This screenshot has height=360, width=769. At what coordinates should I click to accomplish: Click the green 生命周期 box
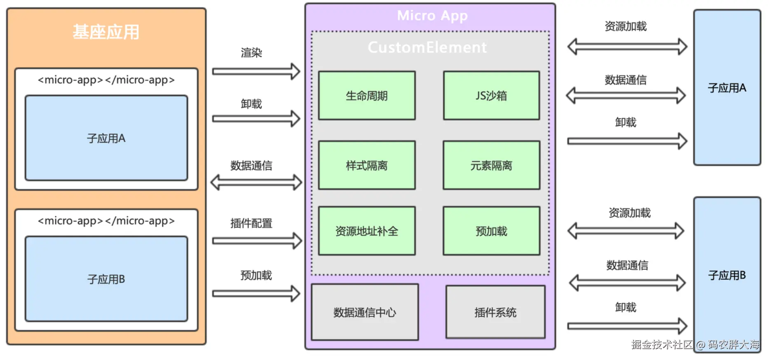point(367,96)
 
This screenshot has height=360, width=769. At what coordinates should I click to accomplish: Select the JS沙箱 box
point(491,96)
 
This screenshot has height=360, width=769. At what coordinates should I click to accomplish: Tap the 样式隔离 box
point(367,165)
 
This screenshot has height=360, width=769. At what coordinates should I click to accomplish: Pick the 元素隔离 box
point(491,165)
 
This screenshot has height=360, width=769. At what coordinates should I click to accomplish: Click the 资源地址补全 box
point(367,231)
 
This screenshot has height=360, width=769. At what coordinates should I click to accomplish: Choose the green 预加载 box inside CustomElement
point(491,231)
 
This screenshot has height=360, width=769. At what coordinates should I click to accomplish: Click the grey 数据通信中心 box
point(365,312)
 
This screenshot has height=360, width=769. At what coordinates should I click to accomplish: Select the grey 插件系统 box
point(495,312)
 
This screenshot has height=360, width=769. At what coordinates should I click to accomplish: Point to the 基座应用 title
point(106,32)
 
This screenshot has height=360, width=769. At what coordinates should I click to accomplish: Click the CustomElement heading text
point(427,47)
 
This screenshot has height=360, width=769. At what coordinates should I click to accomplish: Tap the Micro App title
point(432,16)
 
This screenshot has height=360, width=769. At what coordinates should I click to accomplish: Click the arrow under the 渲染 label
point(256,71)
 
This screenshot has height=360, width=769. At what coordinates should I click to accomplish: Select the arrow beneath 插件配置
point(257,241)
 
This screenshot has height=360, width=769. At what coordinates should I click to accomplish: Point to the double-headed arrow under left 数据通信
point(256,182)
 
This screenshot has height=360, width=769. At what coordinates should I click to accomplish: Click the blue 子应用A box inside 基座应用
point(106,138)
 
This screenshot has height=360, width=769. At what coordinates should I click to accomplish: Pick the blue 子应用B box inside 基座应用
point(106,279)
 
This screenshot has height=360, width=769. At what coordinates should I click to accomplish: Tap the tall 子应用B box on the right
point(727,275)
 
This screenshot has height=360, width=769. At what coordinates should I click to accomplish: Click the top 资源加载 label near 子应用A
point(626,26)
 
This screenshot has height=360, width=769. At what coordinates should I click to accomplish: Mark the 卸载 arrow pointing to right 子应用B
point(627,326)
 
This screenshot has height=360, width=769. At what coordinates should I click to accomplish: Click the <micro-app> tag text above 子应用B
point(106,221)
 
